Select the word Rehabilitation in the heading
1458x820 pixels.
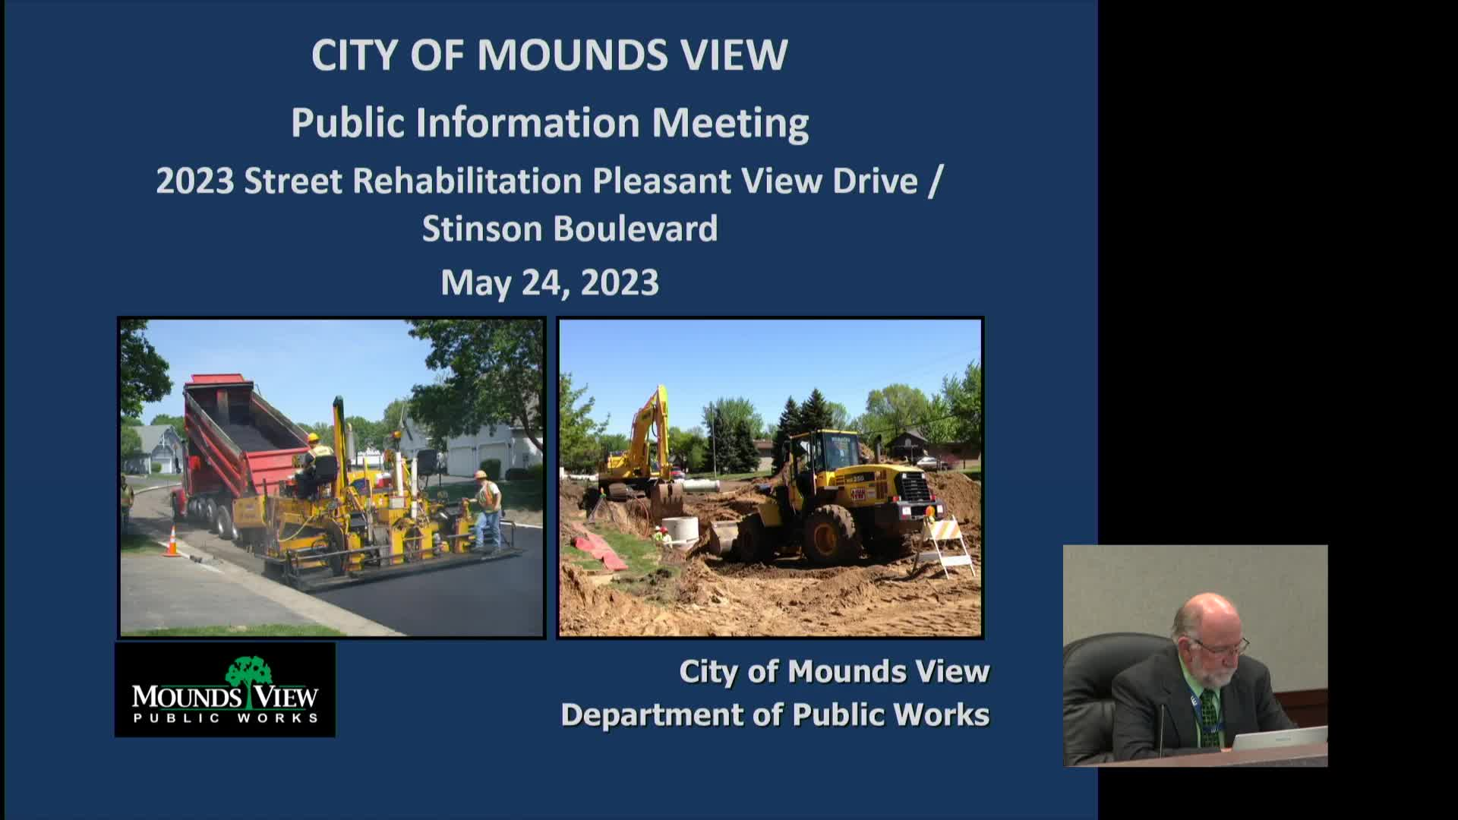point(467,181)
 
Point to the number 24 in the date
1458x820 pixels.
point(544,282)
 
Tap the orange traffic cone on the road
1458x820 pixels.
point(172,541)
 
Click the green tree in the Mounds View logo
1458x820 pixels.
point(248,673)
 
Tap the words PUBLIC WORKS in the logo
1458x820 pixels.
point(226,718)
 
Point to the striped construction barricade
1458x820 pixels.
point(944,544)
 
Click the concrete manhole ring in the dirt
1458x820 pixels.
point(680,531)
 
